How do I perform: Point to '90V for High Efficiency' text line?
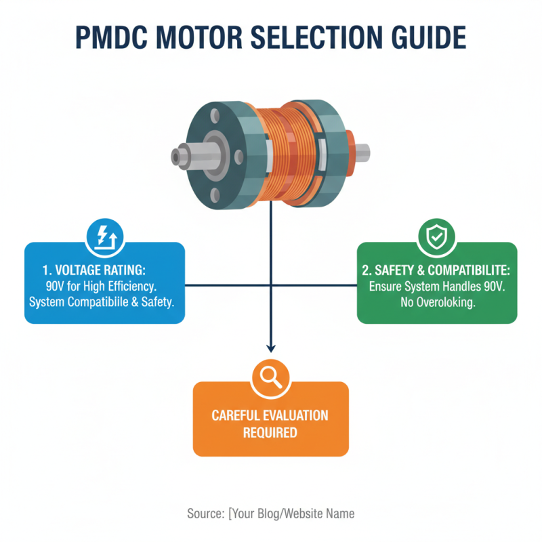[105, 286]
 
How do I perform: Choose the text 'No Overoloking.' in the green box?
[437, 302]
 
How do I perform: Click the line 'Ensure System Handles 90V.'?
[437, 287]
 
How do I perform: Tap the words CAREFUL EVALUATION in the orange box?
[270, 415]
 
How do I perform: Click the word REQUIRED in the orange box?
[270, 432]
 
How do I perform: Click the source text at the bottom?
[270, 514]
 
